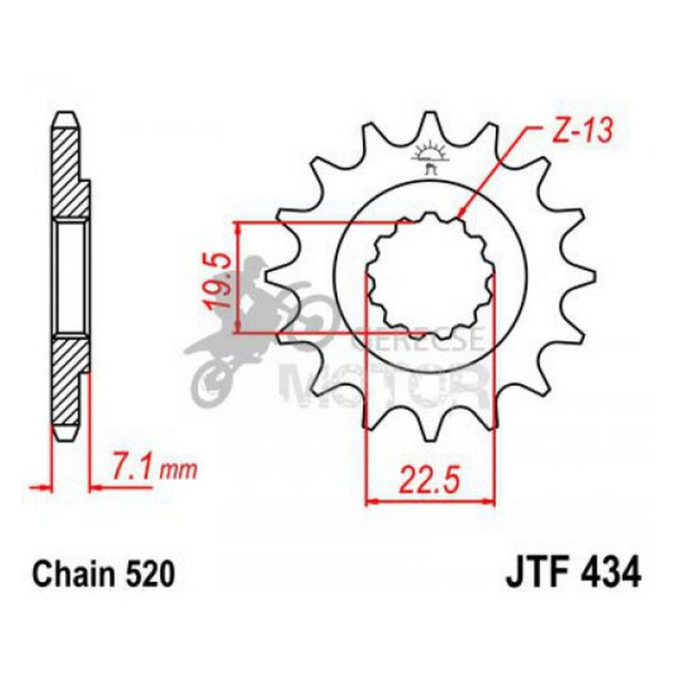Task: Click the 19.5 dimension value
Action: pos(219,279)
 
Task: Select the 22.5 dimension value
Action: pos(430,480)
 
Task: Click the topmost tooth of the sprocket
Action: pos(430,123)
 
